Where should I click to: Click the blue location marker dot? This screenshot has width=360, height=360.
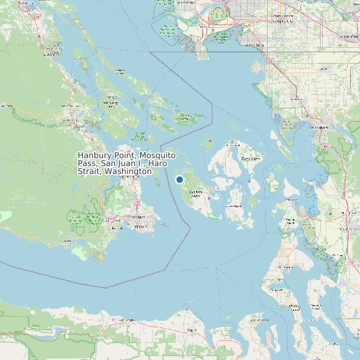[x=179, y=179]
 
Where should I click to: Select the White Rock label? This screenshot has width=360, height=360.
[x=254, y=45]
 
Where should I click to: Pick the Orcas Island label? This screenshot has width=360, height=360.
[x=250, y=159]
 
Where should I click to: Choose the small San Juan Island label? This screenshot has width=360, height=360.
[x=195, y=193]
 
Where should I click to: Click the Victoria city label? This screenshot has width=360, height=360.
[x=140, y=226]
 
